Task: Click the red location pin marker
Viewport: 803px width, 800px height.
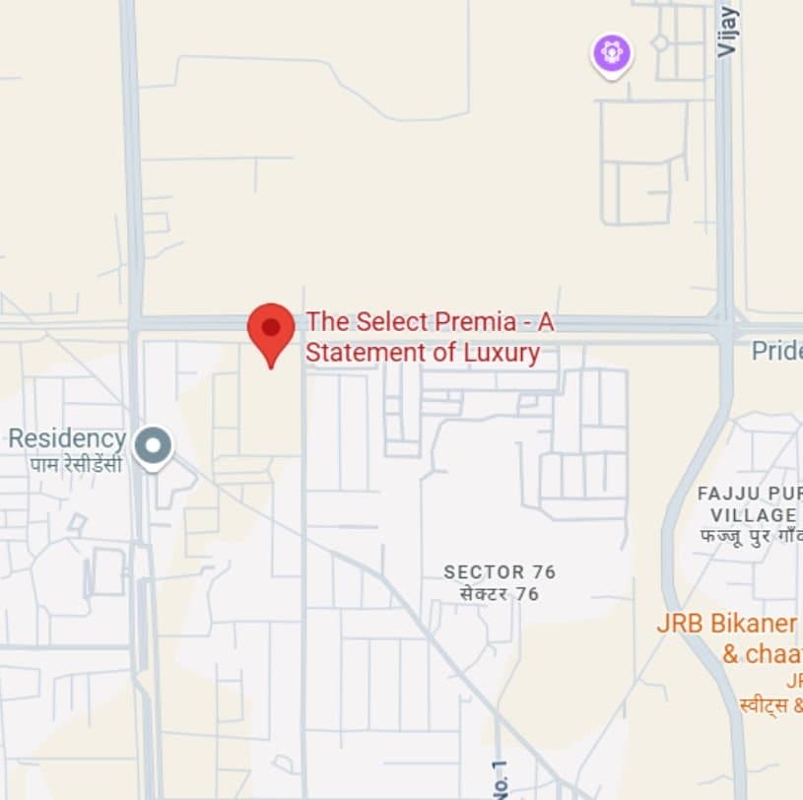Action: tap(271, 331)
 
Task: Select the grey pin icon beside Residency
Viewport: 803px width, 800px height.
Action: tap(153, 446)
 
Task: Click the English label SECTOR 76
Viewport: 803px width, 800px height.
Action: tap(500, 572)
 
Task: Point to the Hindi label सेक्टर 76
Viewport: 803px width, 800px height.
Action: tap(500, 594)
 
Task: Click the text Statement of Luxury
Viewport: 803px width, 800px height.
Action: tap(423, 353)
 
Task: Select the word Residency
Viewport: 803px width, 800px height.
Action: tap(67, 438)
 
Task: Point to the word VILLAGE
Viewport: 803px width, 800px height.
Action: tap(752, 514)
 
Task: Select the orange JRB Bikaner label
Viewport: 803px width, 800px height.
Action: tap(727, 625)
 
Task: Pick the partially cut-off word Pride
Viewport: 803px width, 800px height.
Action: tap(776, 351)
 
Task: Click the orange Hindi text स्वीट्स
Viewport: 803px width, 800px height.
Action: tap(764, 704)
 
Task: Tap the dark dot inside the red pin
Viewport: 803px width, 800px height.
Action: tap(271, 325)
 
